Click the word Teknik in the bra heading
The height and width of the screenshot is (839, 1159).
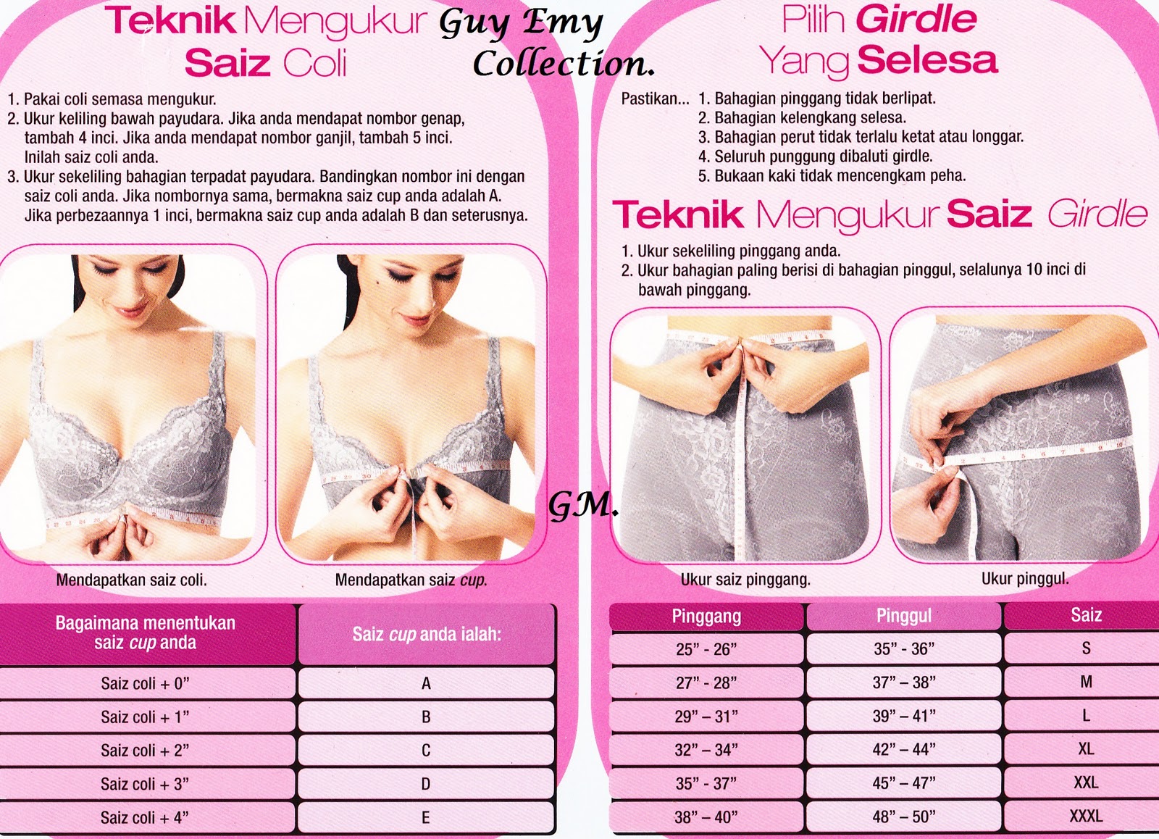coord(171,21)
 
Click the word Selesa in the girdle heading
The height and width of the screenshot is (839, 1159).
coord(927,60)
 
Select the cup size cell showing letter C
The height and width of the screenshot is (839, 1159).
coord(426,750)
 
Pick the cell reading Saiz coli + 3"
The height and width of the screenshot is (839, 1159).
coord(146,784)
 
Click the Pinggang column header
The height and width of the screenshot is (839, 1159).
coord(706,617)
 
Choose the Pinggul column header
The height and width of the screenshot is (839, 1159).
coord(904,616)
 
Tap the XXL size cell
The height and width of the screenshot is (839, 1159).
coord(1086,782)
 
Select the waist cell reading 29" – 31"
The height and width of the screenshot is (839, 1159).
coord(706,717)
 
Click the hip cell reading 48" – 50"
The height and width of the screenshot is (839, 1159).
coord(904,817)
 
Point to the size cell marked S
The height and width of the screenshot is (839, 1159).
coord(1086,648)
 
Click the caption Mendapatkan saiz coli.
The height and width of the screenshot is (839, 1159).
coord(131,580)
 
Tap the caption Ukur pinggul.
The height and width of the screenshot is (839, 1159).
coord(1025,579)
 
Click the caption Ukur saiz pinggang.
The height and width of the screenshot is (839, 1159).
coord(745,580)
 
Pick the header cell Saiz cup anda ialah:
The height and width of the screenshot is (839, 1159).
coord(427,635)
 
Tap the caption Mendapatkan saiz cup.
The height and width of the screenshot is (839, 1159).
coord(411,580)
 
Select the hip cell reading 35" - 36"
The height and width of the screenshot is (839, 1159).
coord(904,648)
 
